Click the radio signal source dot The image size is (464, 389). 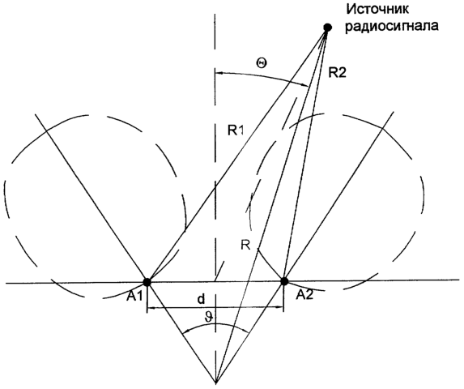pyautogui.click(x=327, y=28)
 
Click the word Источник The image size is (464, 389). pyautogui.click(x=377, y=9)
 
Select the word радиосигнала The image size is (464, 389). pyautogui.click(x=392, y=26)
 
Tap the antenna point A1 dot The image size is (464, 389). pyautogui.click(x=147, y=282)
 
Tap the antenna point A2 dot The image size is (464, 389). pyautogui.click(x=284, y=281)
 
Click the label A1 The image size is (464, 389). pyautogui.click(x=134, y=297)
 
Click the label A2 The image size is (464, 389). pyautogui.click(x=305, y=295)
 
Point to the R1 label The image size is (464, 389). pyautogui.click(x=236, y=130)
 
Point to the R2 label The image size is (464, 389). pyautogui.click(x=337, y=72)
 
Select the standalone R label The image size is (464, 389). pyautogui.click(x=245, y=246)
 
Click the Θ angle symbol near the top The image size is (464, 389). pyautogui.click(x=261, y=62)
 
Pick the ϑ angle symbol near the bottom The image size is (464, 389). pyautogui.click(x=209, y=318)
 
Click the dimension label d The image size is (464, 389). pyautogui.click(x=201, y=300)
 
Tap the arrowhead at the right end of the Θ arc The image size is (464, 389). pyautogui.click(x=307, y=85)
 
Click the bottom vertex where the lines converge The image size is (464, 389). pyautogui.click(x=216, y=383)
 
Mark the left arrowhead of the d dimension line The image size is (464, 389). pyautogui.click(x=150, y=309)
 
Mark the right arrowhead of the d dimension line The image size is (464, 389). pyautogui.click(x=281, y=308)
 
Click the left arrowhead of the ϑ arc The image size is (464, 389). pyautogui.click(x=185, y=333)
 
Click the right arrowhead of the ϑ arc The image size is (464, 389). pyautogui.click(x=246, y=332)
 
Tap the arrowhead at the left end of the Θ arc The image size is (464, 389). pyautogui.click(x=219, y=72)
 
